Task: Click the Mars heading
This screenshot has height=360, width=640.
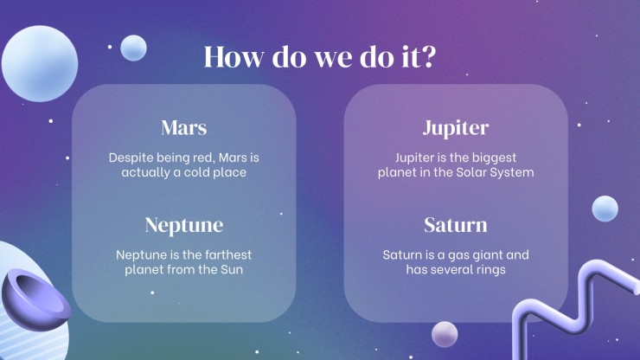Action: click(x=184, y=127)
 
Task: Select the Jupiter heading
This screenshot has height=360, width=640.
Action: click(x=456, y=128)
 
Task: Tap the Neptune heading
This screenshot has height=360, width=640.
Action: click(x=184, y=225)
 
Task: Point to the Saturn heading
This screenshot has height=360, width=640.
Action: click(x=456, y=225)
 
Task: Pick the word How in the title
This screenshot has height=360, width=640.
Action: click(x=234, y=56)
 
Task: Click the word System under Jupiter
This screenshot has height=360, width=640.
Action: click(x=512, y=173)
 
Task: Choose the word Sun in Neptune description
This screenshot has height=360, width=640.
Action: click(x=232, y=270)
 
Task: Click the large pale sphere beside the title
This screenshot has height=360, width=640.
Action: click(x=40, y=64)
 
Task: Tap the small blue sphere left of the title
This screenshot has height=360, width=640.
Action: click(x=133, y=48)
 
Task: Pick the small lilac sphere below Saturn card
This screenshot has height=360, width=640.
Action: click(x=445, y=334)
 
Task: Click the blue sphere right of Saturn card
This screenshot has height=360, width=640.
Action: click(x=605, y=209)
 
